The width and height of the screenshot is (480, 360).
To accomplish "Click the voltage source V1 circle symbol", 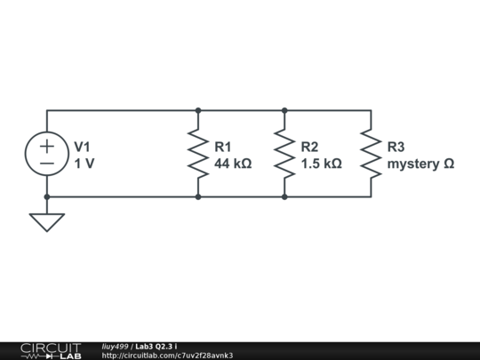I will pyautogui.click(x=47, y=154).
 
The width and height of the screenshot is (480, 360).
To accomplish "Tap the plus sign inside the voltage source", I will pyautogui.click(x=47, y=145).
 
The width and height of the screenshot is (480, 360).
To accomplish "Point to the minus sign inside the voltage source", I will pyautogui.click(x=47, y=164).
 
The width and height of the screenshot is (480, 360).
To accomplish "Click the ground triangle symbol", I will pyautogui.click(x=47, y=221).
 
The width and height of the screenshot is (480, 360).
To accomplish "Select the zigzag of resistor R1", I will pyautogui.click(x=197, y=154).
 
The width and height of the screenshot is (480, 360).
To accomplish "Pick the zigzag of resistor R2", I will pyautogui.click(x=284, y=154).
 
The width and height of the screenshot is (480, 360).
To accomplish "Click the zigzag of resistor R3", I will pyautogui.click(x=371, y=154).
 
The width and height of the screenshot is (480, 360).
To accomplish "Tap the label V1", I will pyautogui.click(x=82, y=147).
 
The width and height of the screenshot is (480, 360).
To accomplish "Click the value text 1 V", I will pyautogui.click(x=84, y=164).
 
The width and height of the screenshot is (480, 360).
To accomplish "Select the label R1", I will pyautogui.click(x=223, y=147).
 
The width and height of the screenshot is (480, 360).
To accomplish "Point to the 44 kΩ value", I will pyautogui.click(x=233, y=164).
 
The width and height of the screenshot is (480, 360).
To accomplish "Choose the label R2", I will pyautogui.click(x=309, y=147).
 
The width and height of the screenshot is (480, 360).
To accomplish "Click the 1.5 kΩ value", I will pyautogui.click(x=321, y=164).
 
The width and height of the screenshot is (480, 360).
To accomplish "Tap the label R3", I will pyautogui.click(x=396, y=147).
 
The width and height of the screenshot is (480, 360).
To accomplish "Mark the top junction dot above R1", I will pyautogui.click(x=197, y=110).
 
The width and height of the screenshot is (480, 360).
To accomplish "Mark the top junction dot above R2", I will pyautogui.click(x=284, y=110).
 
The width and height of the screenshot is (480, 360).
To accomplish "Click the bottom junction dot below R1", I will pyautogui.click(x=197, y=196).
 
